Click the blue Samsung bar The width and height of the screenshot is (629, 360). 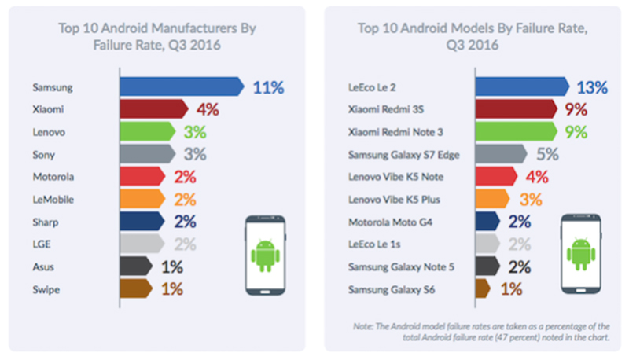[181, 86]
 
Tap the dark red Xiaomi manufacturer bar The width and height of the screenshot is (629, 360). [153, 108]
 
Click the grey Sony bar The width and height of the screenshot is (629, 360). [145, 154]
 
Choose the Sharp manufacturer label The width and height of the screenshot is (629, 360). [46, 222]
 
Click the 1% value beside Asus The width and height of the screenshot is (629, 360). [172, 267]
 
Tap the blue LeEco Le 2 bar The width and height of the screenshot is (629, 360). [520, 86]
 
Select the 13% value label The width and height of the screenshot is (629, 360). [591, 86]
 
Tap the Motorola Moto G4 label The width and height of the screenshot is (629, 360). [391, 222]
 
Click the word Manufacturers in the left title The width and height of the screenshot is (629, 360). [197, 28]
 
